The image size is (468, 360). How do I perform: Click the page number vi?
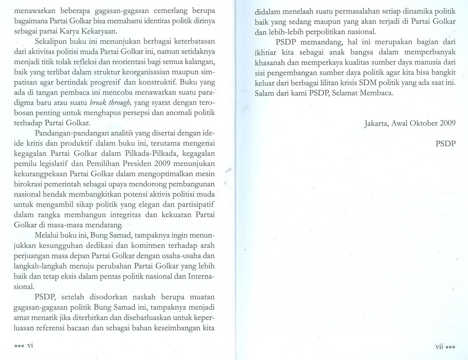point(30,345)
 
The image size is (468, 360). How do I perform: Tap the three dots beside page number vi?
point(19,346)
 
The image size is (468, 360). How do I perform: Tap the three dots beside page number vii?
point(450,347)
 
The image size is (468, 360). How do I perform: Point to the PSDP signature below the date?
point(445,143)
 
